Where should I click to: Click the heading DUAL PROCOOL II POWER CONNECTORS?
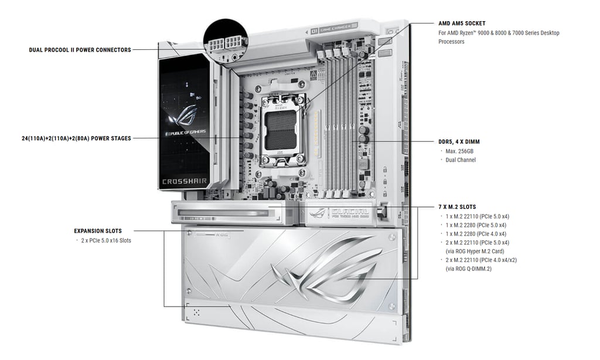coord(80,50)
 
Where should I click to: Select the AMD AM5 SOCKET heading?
coord(462,23)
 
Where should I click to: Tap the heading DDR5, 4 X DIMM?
coord(459,142)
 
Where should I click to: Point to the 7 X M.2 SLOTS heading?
coord(457,207)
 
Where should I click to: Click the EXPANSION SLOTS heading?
coord(98,231)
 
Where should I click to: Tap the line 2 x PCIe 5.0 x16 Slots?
coord(106,240)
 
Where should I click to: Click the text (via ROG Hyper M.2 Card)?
coord(471,251)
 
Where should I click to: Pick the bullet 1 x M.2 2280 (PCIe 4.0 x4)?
coord(476,233)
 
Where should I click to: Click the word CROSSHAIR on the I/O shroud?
coord(184,181)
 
